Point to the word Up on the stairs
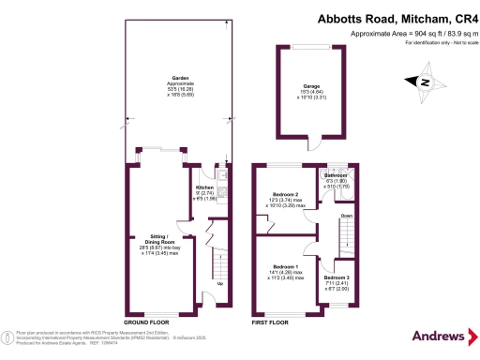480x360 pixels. tap(219, 283)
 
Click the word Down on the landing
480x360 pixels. tap(346, 216)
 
